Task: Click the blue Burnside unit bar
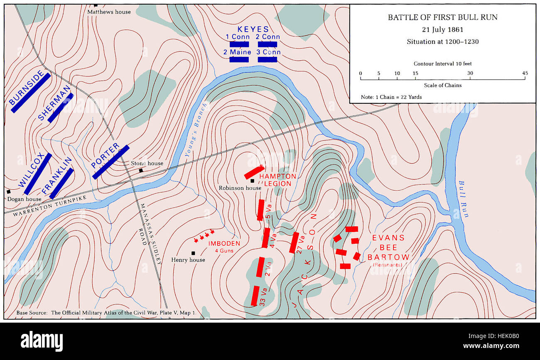pyautogui.click(x=31, y=93)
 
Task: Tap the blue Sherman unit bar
pyautogui.click(x=61, y=108)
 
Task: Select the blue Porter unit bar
pyautogui.click(x=110, y=162)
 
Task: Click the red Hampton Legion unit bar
pyautogui.click(x=254, y=172)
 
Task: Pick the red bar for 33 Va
pyautogui.click(x=255, y=296)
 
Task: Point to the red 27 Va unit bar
pyautogui.click(x=295, y=243)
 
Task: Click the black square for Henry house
pyautogui.click(x=193, y=253)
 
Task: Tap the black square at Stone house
pyautogui.click(x=141, y=170)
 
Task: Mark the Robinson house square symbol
pyautogui.click(x=252, y=181)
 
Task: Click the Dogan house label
pyautogui.click(x=24, y=199)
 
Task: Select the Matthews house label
pyautogui.click(x=109, y=12)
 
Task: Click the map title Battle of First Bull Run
pyautogui.click(x=442, y=17)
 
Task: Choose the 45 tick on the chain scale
pyautogui.click(x=525, y=78)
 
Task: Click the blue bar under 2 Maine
pyautogui.click(x=239, y=60)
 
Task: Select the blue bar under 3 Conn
pyautogui.click(x=267, y=60)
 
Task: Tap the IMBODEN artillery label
pyautogui.click(x=224, y=244)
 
